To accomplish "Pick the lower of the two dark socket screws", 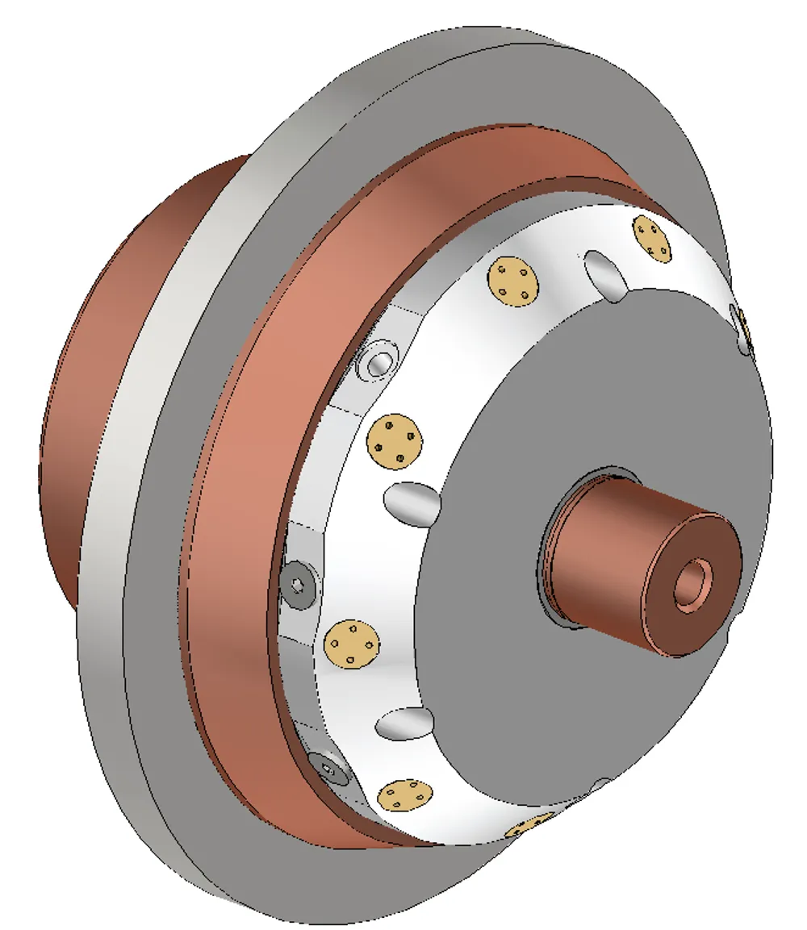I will (x=330, y=769).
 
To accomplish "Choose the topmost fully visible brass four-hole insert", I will (x=653, y=240).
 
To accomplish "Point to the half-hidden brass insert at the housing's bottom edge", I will (x=529, y=827).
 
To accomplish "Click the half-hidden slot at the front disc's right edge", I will (x=744, y=327).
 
